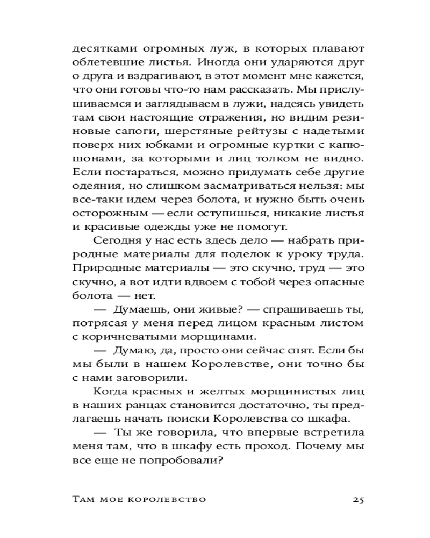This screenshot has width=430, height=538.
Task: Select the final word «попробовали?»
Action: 188,462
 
